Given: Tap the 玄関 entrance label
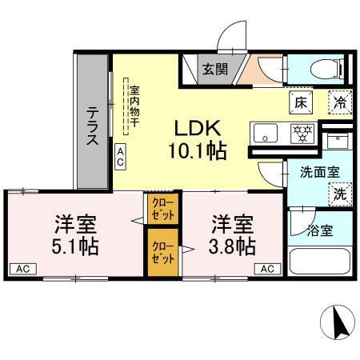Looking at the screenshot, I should (x=213, y=69).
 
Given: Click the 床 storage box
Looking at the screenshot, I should (x=300, y=102).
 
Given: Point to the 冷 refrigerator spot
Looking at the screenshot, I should (x=339, y=102).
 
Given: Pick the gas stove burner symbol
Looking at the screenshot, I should (x=302, y=132).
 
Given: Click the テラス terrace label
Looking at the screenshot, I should (x=92, y=126).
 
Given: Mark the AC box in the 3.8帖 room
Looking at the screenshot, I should (x=267, y=268).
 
